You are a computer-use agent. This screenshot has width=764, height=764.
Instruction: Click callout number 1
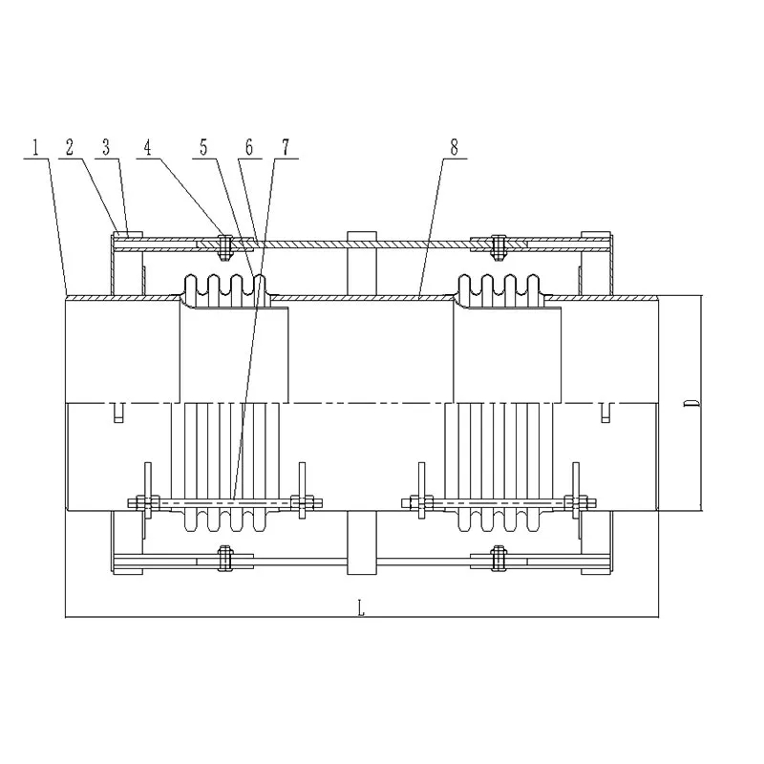pos(35,147)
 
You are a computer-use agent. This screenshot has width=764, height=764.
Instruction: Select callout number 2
pos(70,147)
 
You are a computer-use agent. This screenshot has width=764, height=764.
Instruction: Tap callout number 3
pos(106,147)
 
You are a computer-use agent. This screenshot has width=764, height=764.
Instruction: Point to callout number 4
pos(148,147)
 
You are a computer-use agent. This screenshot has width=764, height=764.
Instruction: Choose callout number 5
pos(203,147)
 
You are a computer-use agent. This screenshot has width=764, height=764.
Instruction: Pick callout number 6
pos(249,147)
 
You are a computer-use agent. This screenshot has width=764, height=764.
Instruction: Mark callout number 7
pos(286,147)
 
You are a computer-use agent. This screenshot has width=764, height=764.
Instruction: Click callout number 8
pos(455,147)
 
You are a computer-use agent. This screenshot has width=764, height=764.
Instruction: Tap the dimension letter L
pos(361,608)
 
